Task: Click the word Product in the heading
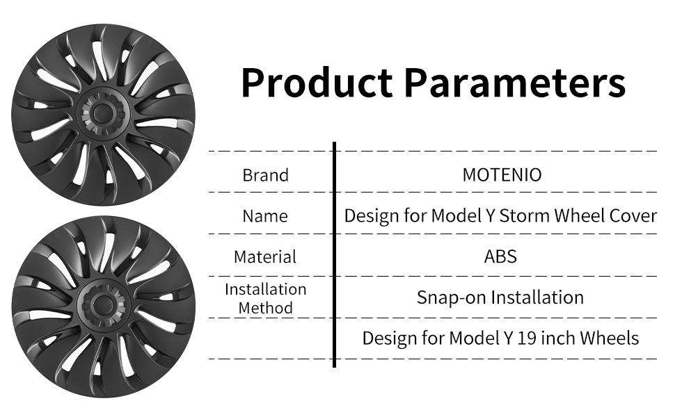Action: (x=317, y=82)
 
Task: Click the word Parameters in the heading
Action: (x=515, y=82)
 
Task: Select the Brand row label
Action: (x=266, y=175)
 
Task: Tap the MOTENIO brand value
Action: (x=502, y=175)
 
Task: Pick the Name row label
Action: (x=265, y=216)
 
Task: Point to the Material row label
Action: (x=265, y=257)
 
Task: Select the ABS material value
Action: (x=500, y=256)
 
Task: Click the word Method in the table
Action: (x=266, y=308)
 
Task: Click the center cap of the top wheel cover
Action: (x=103, y=113)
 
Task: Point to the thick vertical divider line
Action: (x=334, y=254)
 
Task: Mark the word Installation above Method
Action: (x=266, y=289)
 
